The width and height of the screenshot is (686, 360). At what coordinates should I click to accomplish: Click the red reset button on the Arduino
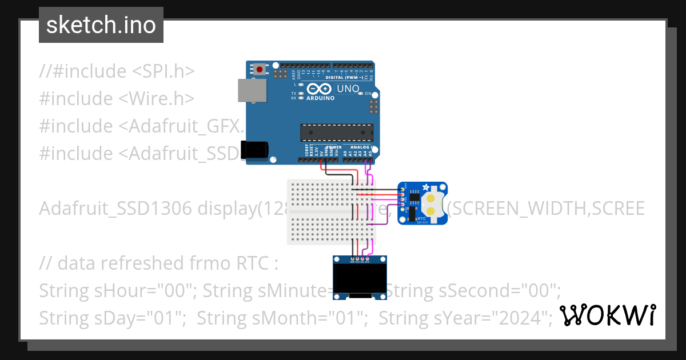(x=260, y=70)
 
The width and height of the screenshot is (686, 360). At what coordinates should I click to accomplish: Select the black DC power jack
(x=254, y=149)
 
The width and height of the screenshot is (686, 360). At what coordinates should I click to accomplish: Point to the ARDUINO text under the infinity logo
(x=320, y=98)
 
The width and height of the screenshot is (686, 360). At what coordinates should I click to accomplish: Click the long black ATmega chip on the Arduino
(x=337, y=132)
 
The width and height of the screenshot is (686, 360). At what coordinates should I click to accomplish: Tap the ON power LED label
(x=369, y=93)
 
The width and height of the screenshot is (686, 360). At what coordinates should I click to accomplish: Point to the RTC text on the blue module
(x=421, y=218)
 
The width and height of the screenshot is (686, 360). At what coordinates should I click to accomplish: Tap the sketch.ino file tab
(x=101, y=25)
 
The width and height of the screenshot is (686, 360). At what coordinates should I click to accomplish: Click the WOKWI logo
(x=607, y=315)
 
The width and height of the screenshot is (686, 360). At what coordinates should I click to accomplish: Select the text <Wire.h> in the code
(x=157, y=98)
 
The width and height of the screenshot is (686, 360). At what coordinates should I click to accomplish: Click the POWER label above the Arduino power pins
(x=333, y=147)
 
